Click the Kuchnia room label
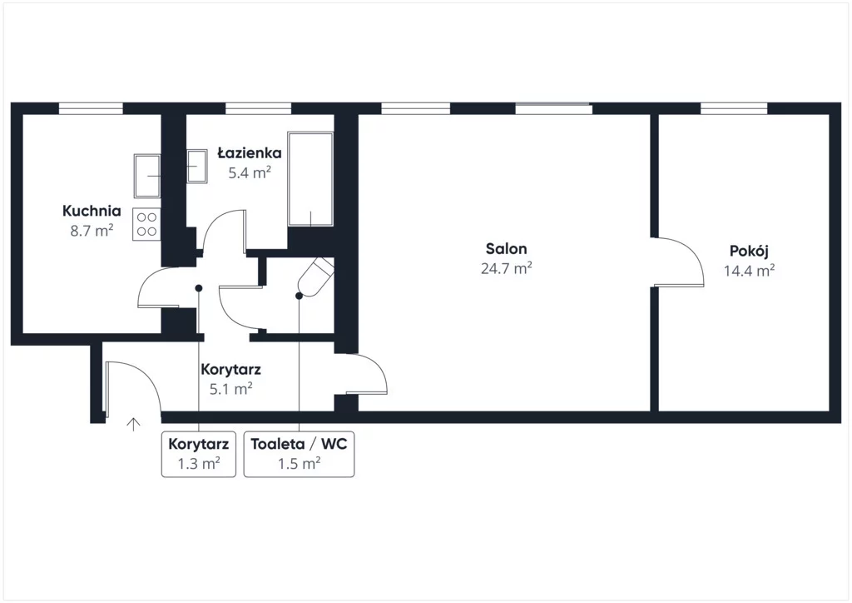92,211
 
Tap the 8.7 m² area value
92,231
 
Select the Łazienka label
250,152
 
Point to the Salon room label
506,248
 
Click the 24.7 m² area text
506,268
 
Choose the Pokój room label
749,252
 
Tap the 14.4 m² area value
749,270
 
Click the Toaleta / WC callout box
299,454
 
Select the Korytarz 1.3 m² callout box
198,454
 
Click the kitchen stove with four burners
146,224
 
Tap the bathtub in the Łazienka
310,178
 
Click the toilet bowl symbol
315,277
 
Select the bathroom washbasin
196,167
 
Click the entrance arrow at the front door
134,424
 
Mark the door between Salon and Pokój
678,262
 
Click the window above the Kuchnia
91,108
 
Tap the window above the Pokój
734,108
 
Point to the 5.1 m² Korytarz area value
231,389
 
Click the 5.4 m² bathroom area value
250,173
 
